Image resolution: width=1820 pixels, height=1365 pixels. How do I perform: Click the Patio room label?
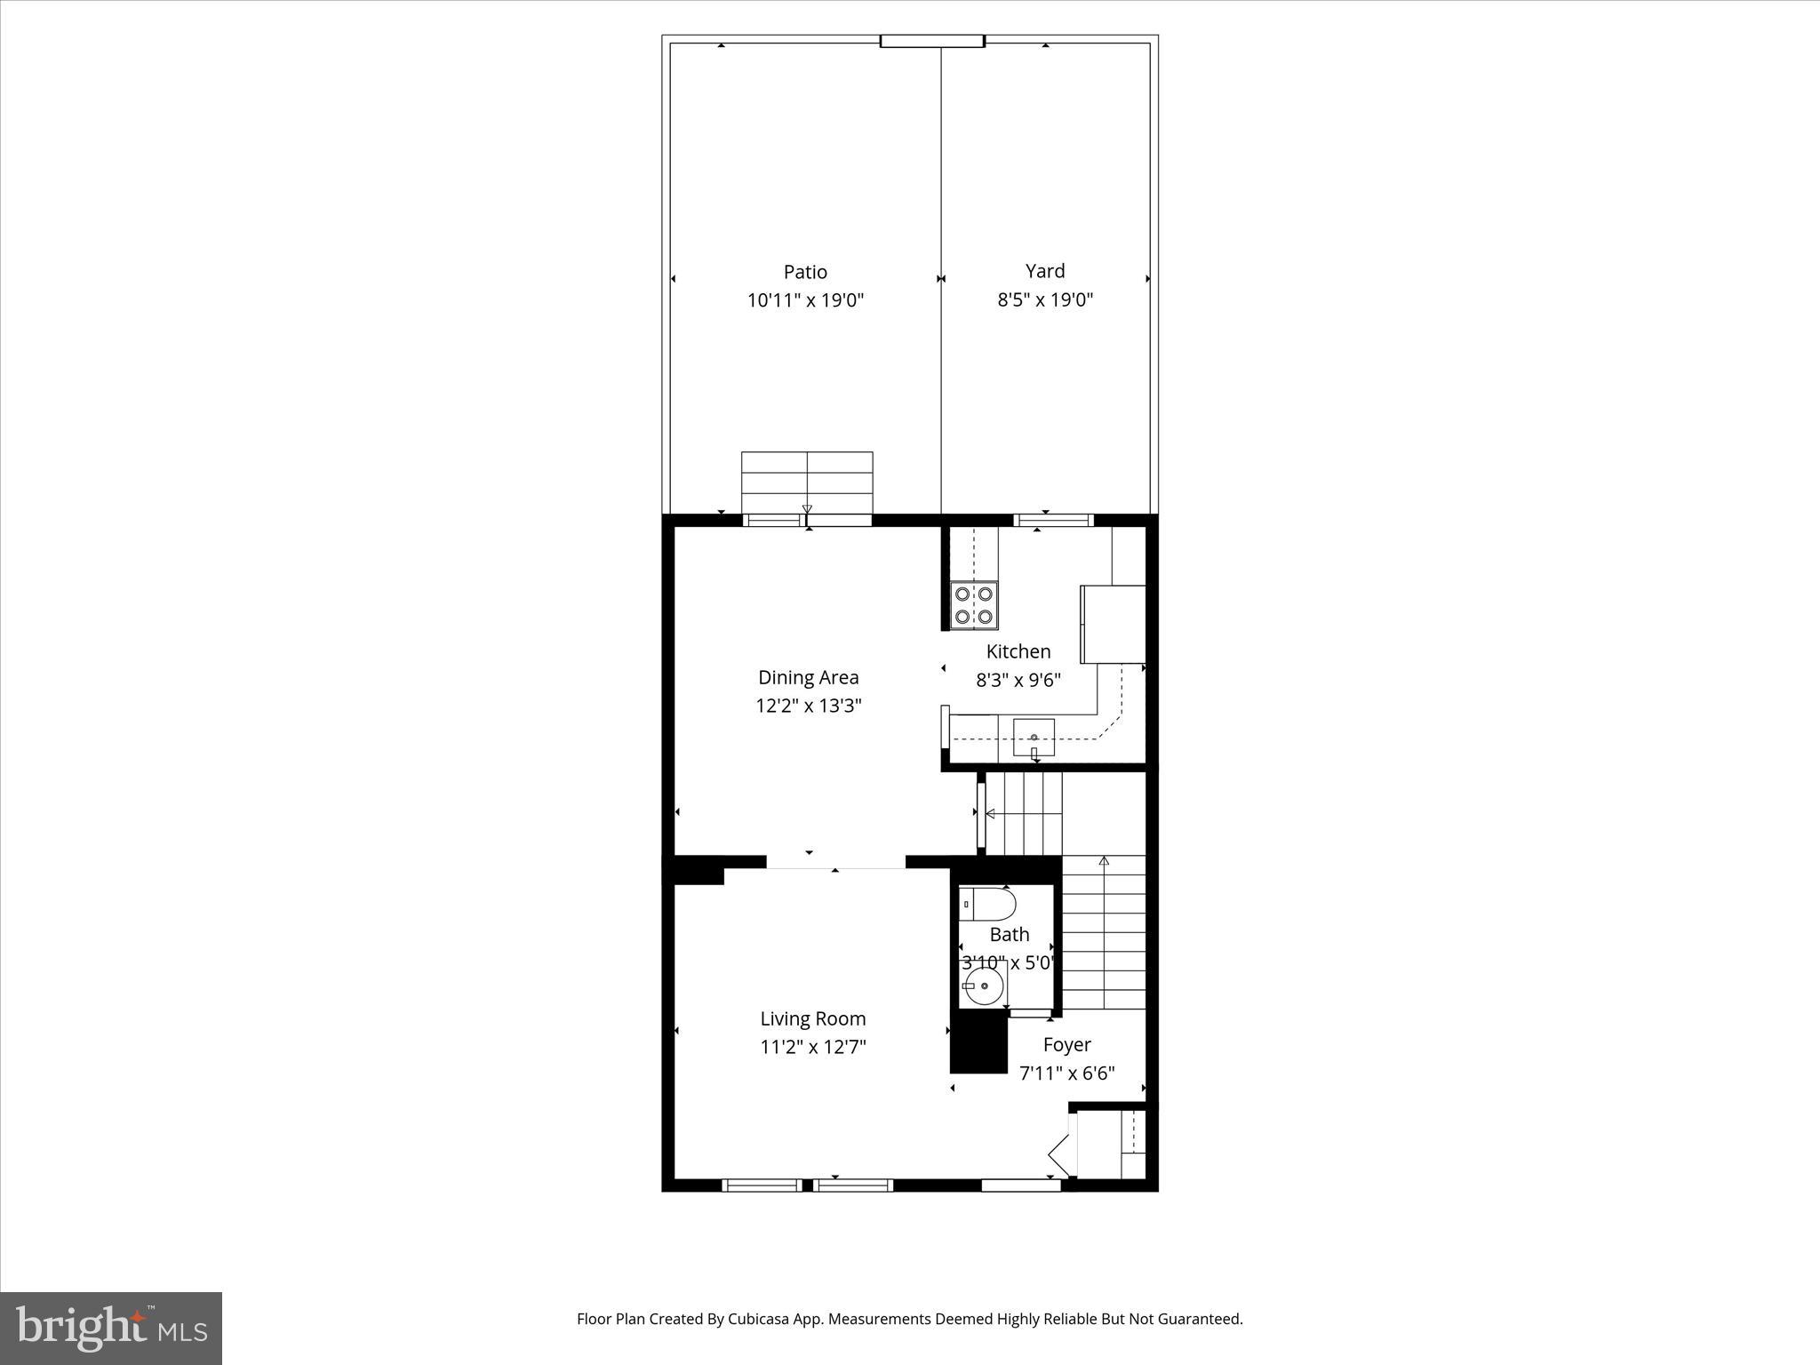pyautogui.click(x=805, y=272)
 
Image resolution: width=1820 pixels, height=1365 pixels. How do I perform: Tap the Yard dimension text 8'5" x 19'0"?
pyautogui.click(x=1044, y=299)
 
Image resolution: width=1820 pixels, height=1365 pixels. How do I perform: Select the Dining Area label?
pyautogui.click(x=808, y=677)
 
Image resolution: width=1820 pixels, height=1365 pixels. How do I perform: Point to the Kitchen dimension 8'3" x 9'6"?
pyautogui.click(x=1018, y=680)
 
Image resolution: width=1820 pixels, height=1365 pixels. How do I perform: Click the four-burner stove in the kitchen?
pyautogui.click(x=974, y=605)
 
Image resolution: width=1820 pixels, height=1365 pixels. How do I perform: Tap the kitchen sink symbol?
pyautogui.click(x=1034, y=738)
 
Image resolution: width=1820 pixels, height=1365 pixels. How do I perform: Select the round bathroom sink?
pyautogui.click(x=983, y=986)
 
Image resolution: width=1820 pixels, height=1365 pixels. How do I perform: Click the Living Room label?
pyautogui.click(x=812, y=1018)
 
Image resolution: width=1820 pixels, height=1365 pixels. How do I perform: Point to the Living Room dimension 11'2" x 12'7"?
pyautogui.click(x=812, y=1047)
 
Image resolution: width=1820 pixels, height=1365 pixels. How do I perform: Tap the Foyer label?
pyautogui.click(x=1066, y=1045)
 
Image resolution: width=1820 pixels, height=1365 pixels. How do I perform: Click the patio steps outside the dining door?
pyautogui.click(x=807, y=483)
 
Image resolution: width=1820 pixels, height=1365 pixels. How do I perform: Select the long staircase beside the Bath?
pyautogui.click(x=1104, y=933)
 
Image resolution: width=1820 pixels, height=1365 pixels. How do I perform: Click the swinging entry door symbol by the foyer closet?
pyautogui.click(x=1060, y=1154)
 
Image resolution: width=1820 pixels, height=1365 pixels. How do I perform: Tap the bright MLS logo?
pyautogui.click(x=111, y=1328)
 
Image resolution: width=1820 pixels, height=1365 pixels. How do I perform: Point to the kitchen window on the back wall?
pyautogui.click(x=1053, y=521)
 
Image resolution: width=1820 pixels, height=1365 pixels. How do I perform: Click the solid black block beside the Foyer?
pyautogui.click(x=978, y=1045)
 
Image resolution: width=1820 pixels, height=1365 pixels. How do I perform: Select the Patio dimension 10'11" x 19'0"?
pyautogui.click(x=805, y=300)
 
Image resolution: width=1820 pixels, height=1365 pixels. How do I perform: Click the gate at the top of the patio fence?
pyautogui.click(x=932, y=41)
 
